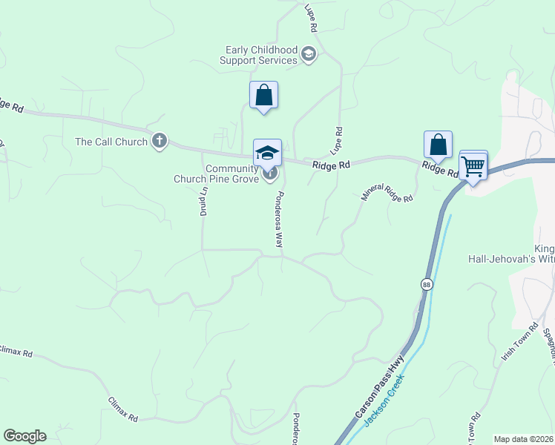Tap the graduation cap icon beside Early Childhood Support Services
[309, 53]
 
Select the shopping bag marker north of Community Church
[263, 96]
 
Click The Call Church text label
[111, 142]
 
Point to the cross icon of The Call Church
[160, 141]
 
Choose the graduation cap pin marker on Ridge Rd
[267, 153]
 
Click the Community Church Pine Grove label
[216, 173]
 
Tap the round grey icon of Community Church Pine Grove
[270, 174]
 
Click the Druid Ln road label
[203, 199]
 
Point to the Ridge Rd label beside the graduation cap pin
[330, 166]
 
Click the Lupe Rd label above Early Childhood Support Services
[312, 19]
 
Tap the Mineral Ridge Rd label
[387, 193]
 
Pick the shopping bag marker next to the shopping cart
[438, 145]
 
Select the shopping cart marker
[473, 166]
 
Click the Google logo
[24, 436]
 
